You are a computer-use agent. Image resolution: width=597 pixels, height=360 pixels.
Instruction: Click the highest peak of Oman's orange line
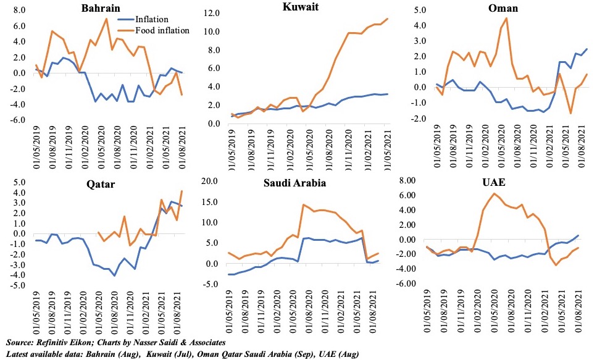[506, 18]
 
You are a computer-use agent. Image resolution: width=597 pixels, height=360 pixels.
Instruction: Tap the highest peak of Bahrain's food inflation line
[106, 19]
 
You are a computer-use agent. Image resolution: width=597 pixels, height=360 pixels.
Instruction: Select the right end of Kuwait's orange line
[387, 19]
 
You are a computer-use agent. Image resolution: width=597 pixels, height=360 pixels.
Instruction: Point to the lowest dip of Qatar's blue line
[114, 275]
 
